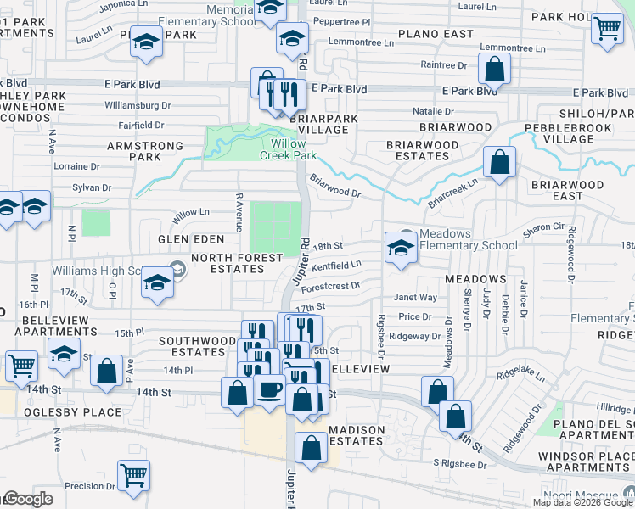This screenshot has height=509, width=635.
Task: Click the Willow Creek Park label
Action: tap(288, 149)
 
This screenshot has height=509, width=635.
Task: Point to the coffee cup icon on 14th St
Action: tap(270, 390)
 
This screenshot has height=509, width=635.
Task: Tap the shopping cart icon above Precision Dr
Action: tap(133, 475)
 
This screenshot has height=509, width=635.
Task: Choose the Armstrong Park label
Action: tap(144, 151)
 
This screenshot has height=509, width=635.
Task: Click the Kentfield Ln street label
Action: tap(337, 266)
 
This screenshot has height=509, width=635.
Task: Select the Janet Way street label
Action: tap(415, 298)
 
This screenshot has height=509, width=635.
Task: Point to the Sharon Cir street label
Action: tap(543, 227)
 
